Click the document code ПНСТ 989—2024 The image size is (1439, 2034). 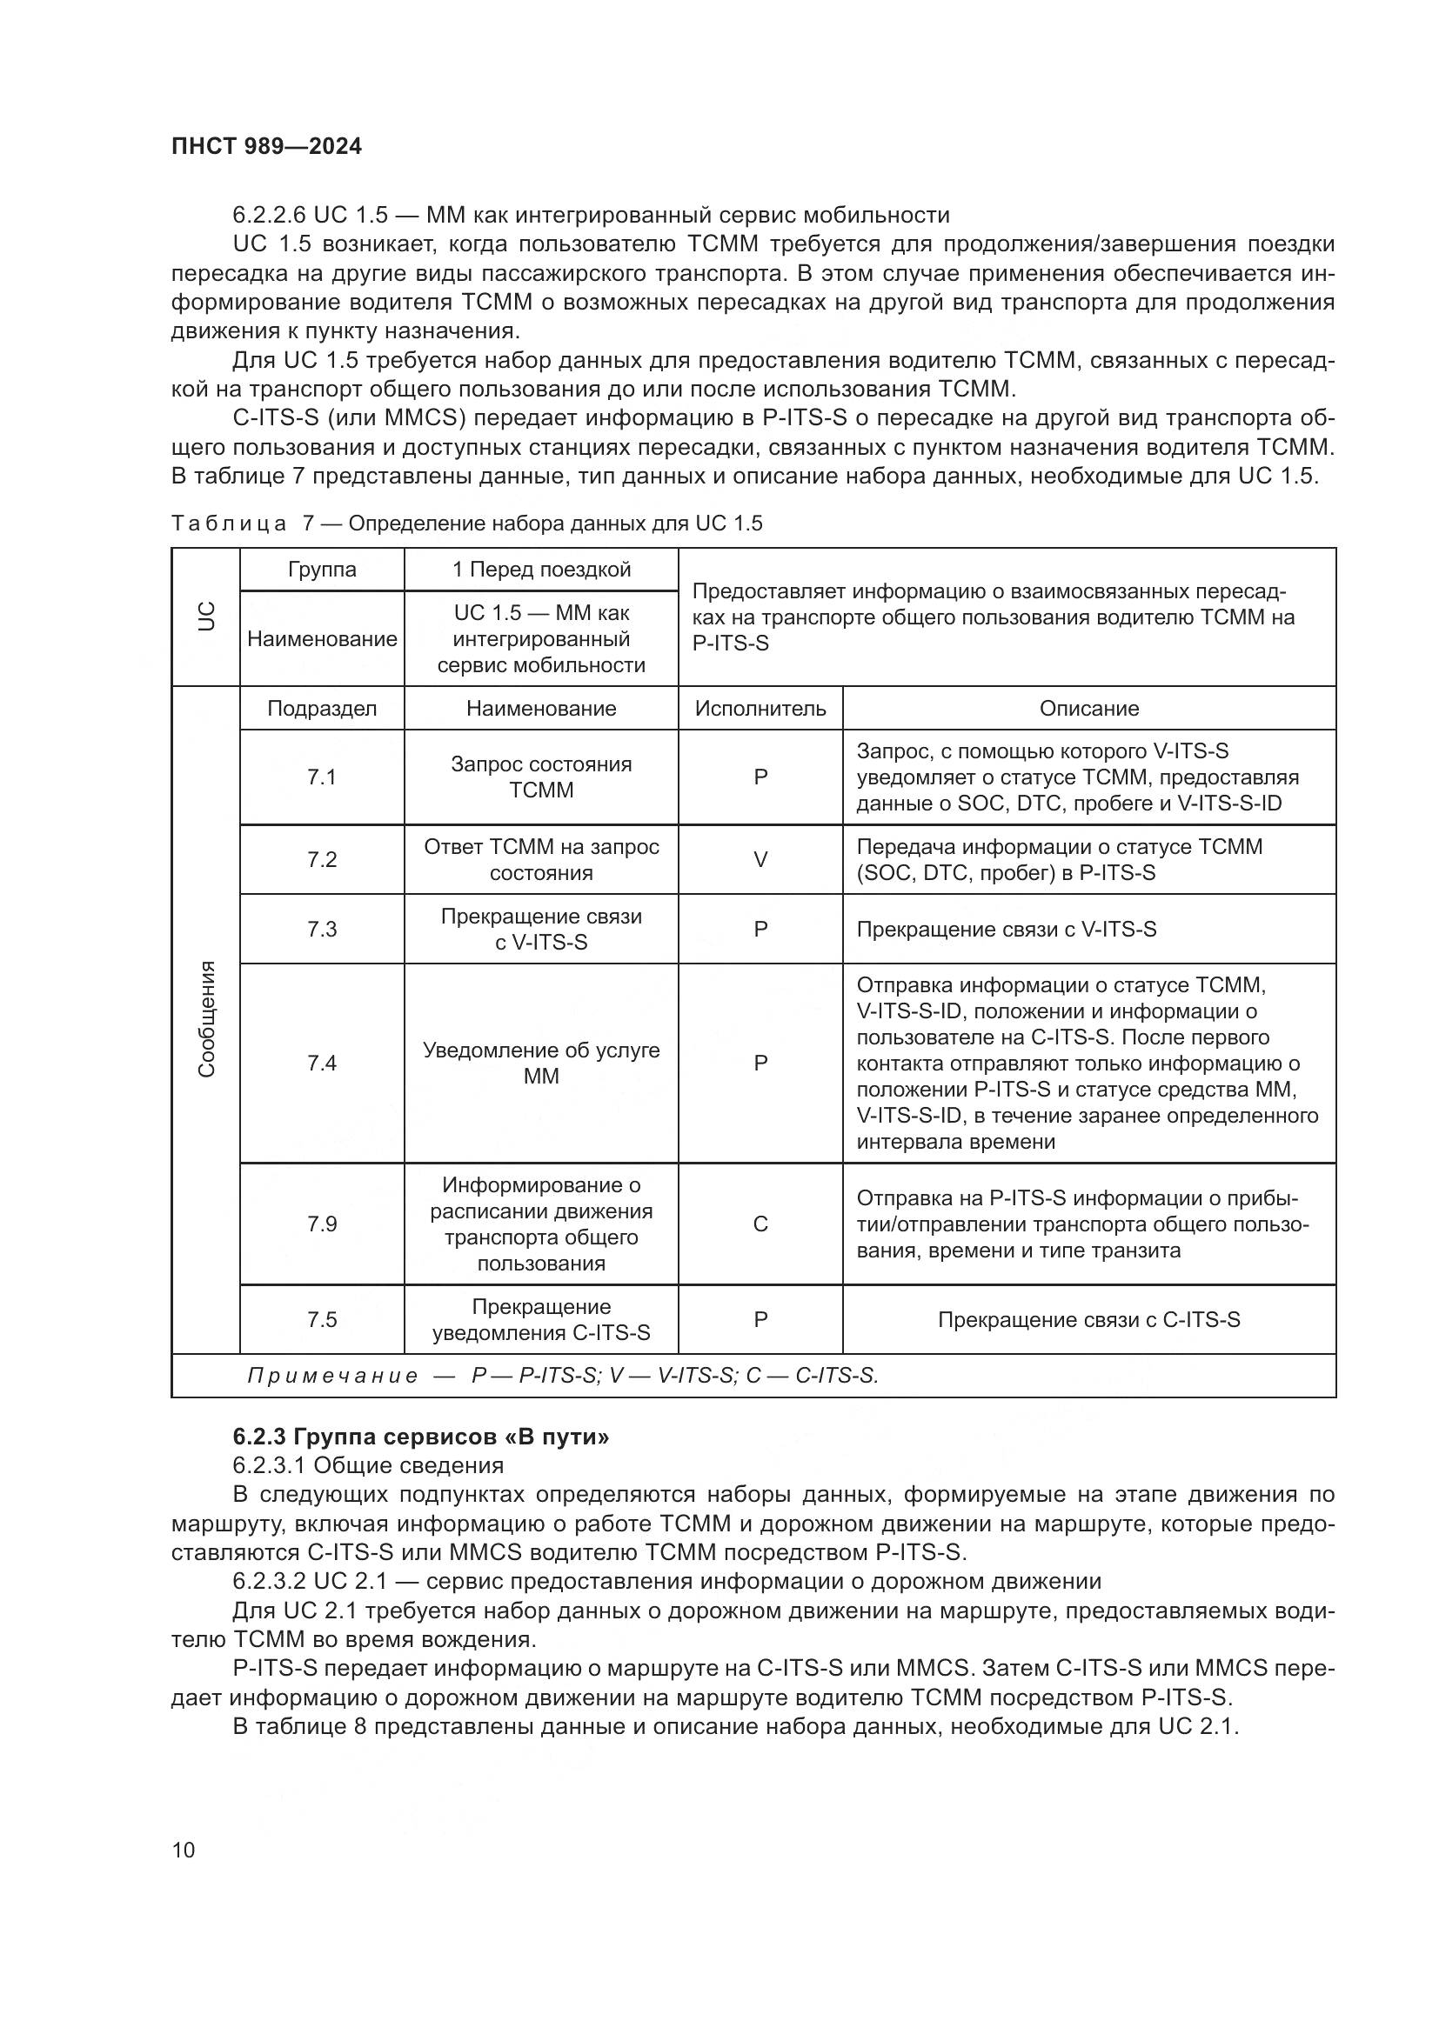266,146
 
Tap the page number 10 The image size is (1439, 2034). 184,1850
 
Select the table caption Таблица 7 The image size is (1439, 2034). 466,523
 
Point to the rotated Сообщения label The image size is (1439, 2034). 205,1019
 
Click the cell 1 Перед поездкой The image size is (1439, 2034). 540,569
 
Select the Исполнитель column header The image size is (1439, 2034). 760,708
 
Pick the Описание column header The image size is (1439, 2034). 1088,708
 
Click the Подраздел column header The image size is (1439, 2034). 322,708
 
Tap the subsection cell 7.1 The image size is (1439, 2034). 322,777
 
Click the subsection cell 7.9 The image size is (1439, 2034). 322,1224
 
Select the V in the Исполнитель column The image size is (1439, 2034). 760,859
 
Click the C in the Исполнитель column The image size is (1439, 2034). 760,1224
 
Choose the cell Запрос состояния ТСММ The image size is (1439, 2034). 540,777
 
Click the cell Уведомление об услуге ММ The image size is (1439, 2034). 540,1062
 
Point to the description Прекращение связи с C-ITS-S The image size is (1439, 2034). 1088,1319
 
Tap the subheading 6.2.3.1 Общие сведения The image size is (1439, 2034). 368,1465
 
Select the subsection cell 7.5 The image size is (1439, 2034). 322,1319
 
